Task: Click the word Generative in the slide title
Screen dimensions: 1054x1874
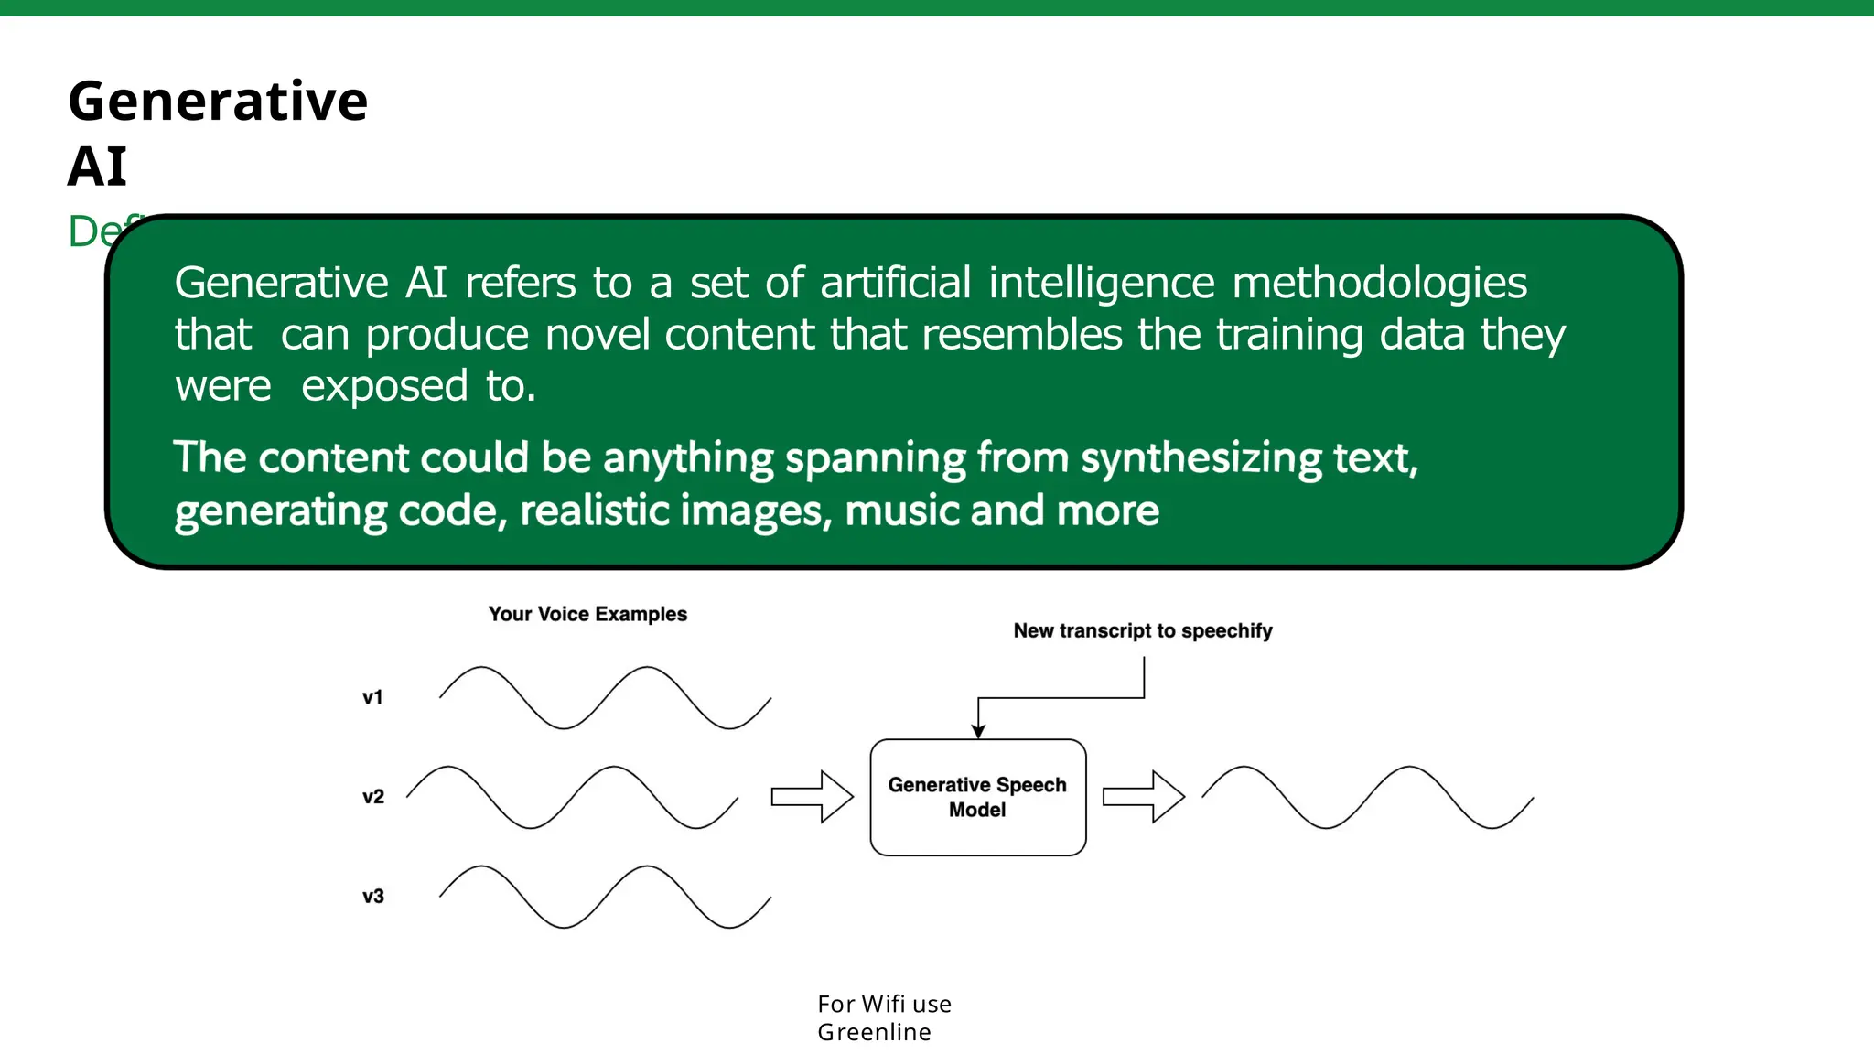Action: pos(218,101)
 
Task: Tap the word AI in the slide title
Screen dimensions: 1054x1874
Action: pos(97,167)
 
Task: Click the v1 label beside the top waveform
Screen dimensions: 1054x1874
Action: pos(372,697)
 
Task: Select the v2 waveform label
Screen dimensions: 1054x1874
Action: pos(373,797)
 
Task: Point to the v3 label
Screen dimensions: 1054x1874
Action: pos(373,897)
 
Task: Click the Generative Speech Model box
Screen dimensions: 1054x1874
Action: pos(977,797)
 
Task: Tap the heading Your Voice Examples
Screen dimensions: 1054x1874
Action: pos(587,614)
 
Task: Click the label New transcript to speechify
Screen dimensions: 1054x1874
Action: pos(1142,630)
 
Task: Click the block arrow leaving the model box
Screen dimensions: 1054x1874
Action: pos(1143,797)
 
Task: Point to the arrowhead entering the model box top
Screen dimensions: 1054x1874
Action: pos(978,731)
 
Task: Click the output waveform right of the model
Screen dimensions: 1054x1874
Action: pos(1367,797)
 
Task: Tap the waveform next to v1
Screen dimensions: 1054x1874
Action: pos(605,697)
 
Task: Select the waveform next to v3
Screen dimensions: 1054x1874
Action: pos(605,897)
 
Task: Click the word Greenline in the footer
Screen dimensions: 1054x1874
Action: pos(874,1032)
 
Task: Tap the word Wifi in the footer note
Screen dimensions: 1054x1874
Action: pos(883,1004)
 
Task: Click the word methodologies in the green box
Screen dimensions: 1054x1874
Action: pos(1379,283)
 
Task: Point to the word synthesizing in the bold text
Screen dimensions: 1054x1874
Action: pos(1201,458)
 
